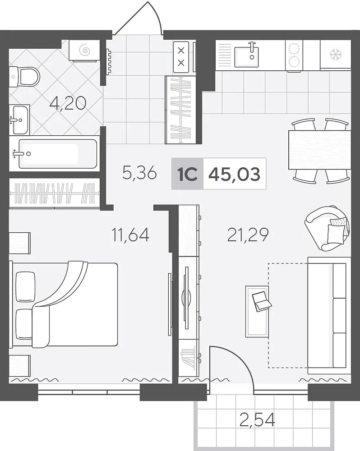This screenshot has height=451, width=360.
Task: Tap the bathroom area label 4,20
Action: pos(68,103)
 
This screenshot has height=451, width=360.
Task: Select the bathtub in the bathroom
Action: pos(58,154)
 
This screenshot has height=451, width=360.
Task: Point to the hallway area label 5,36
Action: pos(139,173)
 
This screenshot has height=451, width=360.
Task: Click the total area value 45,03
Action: pos(235,174)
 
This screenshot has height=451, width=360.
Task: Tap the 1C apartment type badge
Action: pos(187,174)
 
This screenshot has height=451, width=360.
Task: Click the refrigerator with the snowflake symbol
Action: pos(336,55)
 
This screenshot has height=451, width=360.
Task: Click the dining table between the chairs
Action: pos(320,150)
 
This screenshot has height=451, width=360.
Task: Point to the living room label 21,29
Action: pos(248,235)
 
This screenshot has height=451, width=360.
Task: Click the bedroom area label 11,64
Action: pos(130,235)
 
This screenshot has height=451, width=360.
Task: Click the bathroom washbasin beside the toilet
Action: pos(19,120)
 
